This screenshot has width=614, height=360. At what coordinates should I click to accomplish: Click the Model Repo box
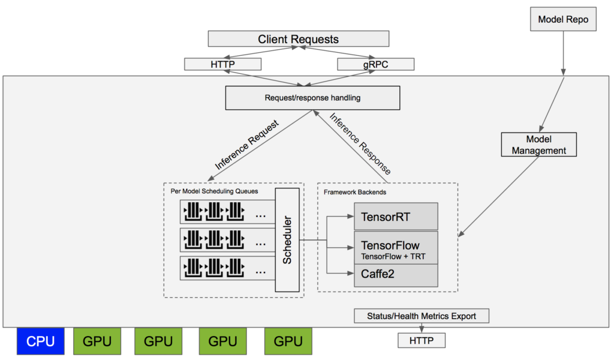coord(563,20)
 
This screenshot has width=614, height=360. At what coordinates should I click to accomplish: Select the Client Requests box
coord(298,40)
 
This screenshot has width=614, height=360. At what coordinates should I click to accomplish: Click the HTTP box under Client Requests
coord(222,64)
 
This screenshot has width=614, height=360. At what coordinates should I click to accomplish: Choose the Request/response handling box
coord(312,98)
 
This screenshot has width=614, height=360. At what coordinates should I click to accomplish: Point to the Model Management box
coord(538,145)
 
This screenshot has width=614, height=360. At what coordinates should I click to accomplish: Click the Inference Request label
coord(247,146)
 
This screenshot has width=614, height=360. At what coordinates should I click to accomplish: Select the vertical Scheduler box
coord(287,239)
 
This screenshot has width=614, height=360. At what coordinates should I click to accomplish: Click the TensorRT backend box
coord(396,217)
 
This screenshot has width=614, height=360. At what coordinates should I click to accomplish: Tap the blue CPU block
coord(41,341)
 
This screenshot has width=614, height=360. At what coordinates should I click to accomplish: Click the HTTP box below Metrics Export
coord(422,341)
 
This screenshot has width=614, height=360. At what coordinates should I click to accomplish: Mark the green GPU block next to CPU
coord(97,341)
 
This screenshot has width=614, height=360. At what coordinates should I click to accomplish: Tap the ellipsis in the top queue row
coord(261,215)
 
